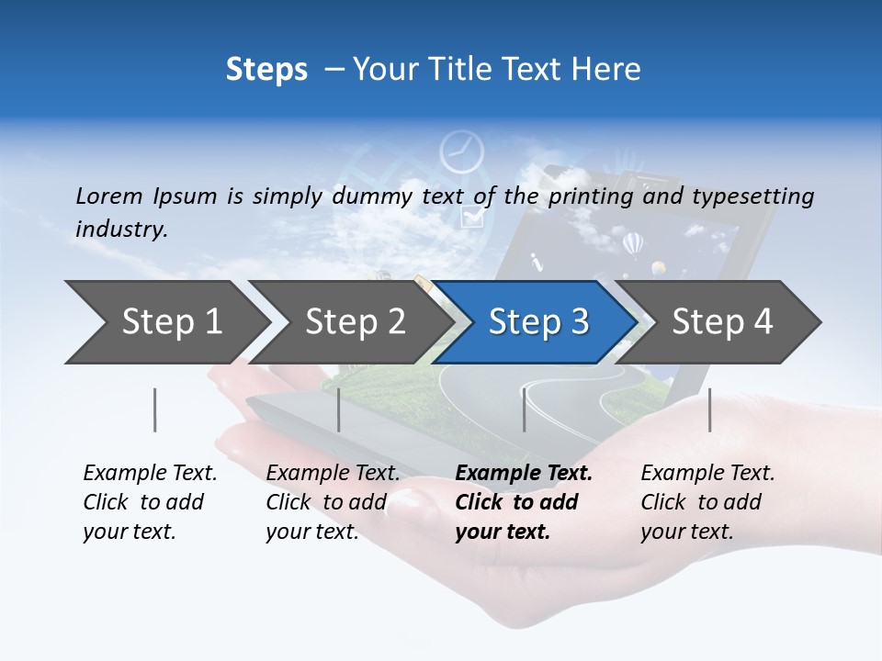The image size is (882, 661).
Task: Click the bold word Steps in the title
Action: coord(266,70)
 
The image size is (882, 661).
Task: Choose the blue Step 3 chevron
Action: coord(537,322)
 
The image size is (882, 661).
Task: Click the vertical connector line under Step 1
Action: coord(155,409)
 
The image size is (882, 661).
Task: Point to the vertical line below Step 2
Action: coord(339,409)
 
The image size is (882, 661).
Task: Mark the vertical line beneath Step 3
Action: coord(524,409)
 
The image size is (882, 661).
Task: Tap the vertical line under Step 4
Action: coord(709,409)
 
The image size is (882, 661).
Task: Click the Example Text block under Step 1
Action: coord(150,502)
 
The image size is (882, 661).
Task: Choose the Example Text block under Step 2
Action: coord(333,502)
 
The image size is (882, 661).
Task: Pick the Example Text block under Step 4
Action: coord(707,502)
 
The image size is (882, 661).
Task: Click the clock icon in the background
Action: coord(461,152)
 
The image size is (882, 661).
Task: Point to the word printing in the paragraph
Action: coord(590,196)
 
